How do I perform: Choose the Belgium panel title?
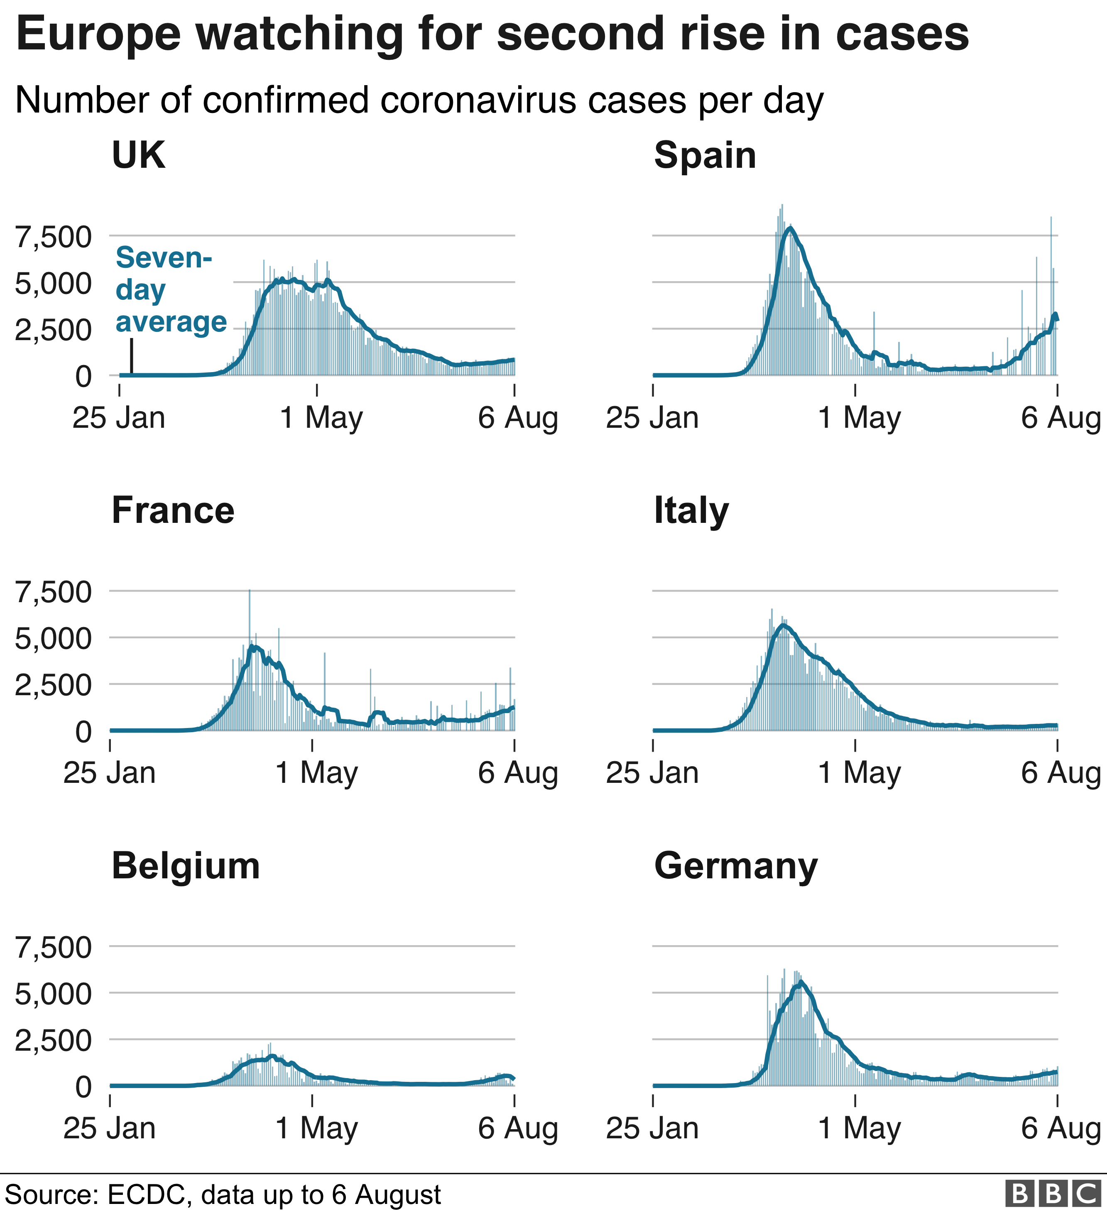point(186,866)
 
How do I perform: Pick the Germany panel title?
point(736,866)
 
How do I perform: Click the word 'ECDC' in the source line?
point(146,1195)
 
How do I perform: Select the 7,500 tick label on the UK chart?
point(54,237)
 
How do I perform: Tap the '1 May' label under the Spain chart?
point(859,417)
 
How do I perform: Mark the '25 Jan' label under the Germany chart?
point(652,1128)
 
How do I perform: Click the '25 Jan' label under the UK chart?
point(119,417)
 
